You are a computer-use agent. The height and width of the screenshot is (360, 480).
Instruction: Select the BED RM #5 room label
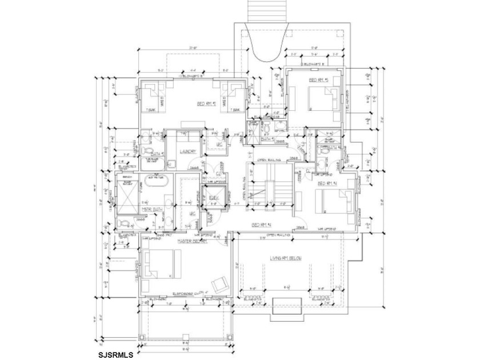(x=318, y=81)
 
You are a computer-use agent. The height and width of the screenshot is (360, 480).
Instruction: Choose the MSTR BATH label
(x=153, y=210)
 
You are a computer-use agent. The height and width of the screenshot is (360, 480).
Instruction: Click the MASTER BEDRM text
(x=191, y=241)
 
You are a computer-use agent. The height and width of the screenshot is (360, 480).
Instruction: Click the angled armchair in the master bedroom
(x=218, y=283)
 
